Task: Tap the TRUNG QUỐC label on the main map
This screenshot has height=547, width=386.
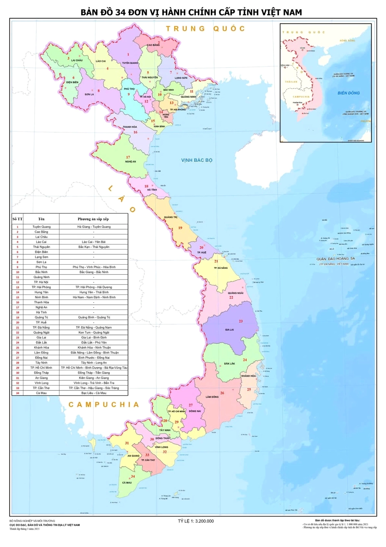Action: pos(206,29)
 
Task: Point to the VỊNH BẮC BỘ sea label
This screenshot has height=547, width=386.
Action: pos(196,160)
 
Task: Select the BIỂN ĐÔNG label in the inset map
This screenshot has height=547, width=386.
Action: pos(348,93)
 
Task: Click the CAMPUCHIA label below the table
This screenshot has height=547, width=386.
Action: pos(104,404)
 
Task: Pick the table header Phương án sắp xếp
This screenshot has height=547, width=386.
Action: pos(93,219)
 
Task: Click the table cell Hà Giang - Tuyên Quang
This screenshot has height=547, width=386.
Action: pos(94,227)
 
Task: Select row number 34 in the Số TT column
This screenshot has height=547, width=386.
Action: pos(17,393)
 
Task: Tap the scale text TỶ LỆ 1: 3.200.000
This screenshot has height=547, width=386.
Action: pos(196,521)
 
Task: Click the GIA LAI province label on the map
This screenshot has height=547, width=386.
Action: pos(229,330)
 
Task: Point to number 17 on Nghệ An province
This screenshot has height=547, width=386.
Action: pos(128,157)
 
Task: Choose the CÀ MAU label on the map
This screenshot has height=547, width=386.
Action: pos(127,482)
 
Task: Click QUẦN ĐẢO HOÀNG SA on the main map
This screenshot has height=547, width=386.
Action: pos(335,259)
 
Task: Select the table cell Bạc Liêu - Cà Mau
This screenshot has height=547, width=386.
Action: pos(94,393)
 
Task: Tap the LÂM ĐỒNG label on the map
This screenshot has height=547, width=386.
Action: pos(212,397)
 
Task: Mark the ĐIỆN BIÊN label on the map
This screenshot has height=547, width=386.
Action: pos(72,82)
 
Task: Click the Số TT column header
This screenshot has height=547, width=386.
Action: pos(17,219)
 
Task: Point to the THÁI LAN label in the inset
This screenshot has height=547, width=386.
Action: pos(291,82)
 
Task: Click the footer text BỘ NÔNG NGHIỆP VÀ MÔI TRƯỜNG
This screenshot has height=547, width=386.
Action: pos(32,521)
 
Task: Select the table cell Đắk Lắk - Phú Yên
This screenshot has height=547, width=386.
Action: pos(94,342)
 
